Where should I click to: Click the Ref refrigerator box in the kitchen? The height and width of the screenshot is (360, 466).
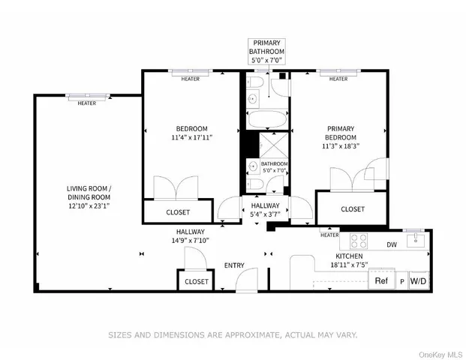pyautogui.click(x=381, y=281)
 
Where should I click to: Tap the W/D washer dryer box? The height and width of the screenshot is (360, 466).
pyautogui.click(x=419, y=281)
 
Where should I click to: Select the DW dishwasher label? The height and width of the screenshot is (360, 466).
pyautogui.click(x=391, y=244)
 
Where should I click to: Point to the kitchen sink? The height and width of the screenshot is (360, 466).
pyautogui.click(x=416, y=240)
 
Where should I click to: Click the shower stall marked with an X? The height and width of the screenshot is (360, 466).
pyautogui.click(x=266, y=145)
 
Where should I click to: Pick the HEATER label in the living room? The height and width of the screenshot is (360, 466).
pyautogui.click(x=86, y=103)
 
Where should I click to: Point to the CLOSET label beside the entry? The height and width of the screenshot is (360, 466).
pyautogui.click(x=197, y=282)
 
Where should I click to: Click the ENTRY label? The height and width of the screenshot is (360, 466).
pyautogui.click(x=235, y=265)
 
